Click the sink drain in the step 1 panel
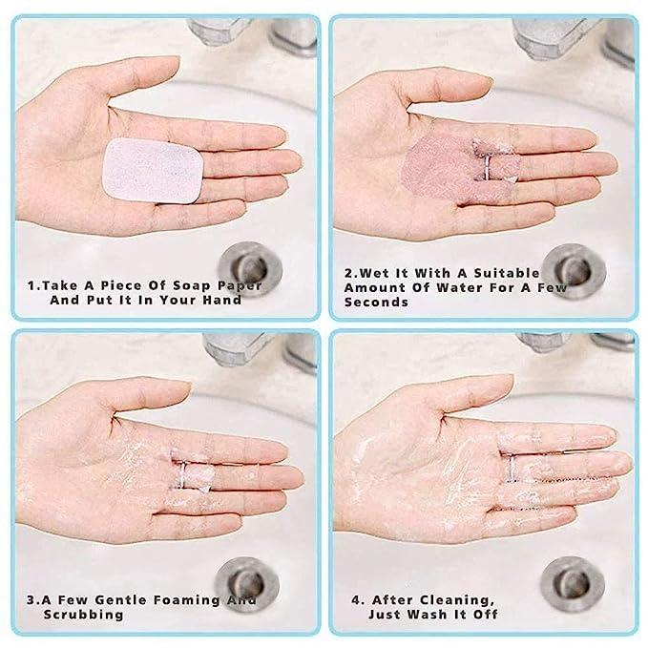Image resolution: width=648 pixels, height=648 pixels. [x=247, y=260]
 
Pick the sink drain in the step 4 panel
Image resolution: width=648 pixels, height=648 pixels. [x=570, y=579]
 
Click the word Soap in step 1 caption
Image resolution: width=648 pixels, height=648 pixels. [x=185, y=284]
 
